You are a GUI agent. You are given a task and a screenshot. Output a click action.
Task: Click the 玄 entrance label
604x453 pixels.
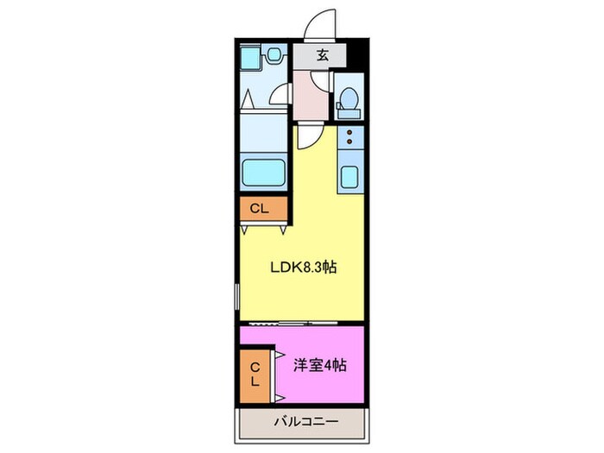coord(322,55)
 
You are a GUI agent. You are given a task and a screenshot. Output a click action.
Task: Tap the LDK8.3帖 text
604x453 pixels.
coord(301,267)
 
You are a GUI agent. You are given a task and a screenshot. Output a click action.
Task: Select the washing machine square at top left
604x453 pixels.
coord(251,57)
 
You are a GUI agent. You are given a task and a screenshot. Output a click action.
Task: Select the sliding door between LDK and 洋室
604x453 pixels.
coord(285,323)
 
